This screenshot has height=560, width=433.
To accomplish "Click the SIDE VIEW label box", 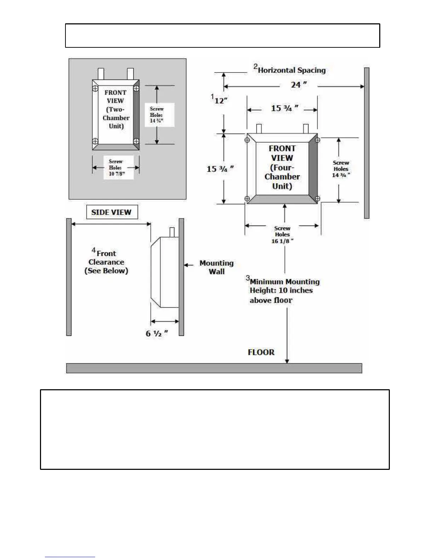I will pos(112,212).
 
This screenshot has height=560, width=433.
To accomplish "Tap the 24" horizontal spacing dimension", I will pos(299,85).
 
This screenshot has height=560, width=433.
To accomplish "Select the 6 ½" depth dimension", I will pos(157,333).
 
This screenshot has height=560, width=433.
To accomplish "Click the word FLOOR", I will pos(261,352).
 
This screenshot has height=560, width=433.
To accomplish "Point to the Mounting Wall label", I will pos(216,267).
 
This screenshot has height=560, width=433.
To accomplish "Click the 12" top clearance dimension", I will pos(220,100).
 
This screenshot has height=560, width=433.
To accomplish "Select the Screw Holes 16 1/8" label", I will pos(282,235).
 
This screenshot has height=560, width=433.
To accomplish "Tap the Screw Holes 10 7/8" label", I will pos(116,168).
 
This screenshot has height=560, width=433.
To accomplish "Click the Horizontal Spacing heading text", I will pos(291,70).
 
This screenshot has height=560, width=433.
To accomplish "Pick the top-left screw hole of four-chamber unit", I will pos(247,140).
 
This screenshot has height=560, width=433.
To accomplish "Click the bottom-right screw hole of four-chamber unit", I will pos(317,199).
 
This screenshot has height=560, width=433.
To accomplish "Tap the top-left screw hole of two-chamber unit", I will pos(95,89).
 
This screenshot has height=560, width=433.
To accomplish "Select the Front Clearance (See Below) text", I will pos(106,262).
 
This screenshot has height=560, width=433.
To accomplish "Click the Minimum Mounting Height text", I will pos(284,291).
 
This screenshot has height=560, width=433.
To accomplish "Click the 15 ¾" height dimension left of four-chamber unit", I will pos(220,169).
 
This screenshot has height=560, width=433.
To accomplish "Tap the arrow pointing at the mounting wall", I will pos(189,265).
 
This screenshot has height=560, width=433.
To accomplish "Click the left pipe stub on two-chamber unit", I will pos(101,74).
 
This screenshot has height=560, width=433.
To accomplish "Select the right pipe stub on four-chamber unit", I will pos(306,129).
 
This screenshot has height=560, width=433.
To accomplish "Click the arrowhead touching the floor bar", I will pos(287,361).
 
